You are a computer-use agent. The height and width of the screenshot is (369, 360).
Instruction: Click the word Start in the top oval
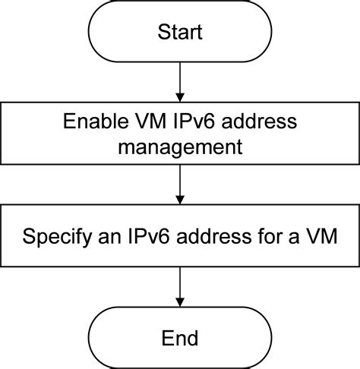coord(180,32)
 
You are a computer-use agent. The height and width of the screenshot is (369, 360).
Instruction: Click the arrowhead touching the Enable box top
coord(180,96)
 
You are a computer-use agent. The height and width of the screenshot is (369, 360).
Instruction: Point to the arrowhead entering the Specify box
coord(180,200)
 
